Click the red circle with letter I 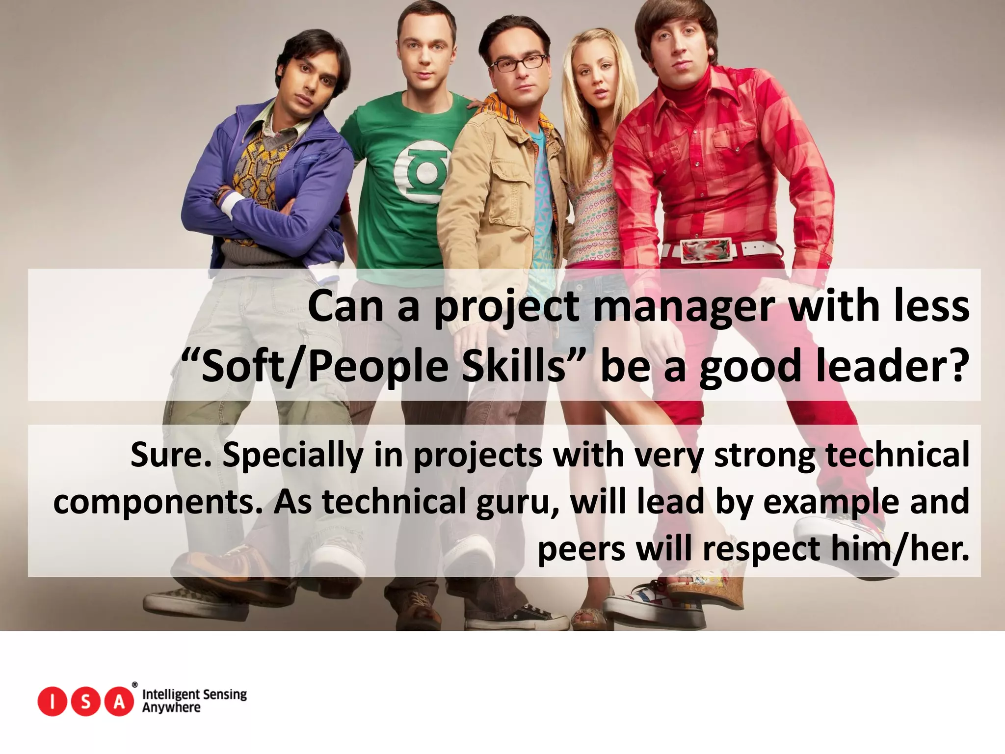pyautogui.click(x=53, y=702)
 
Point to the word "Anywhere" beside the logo pyautogui.click(x=171, y=708)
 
